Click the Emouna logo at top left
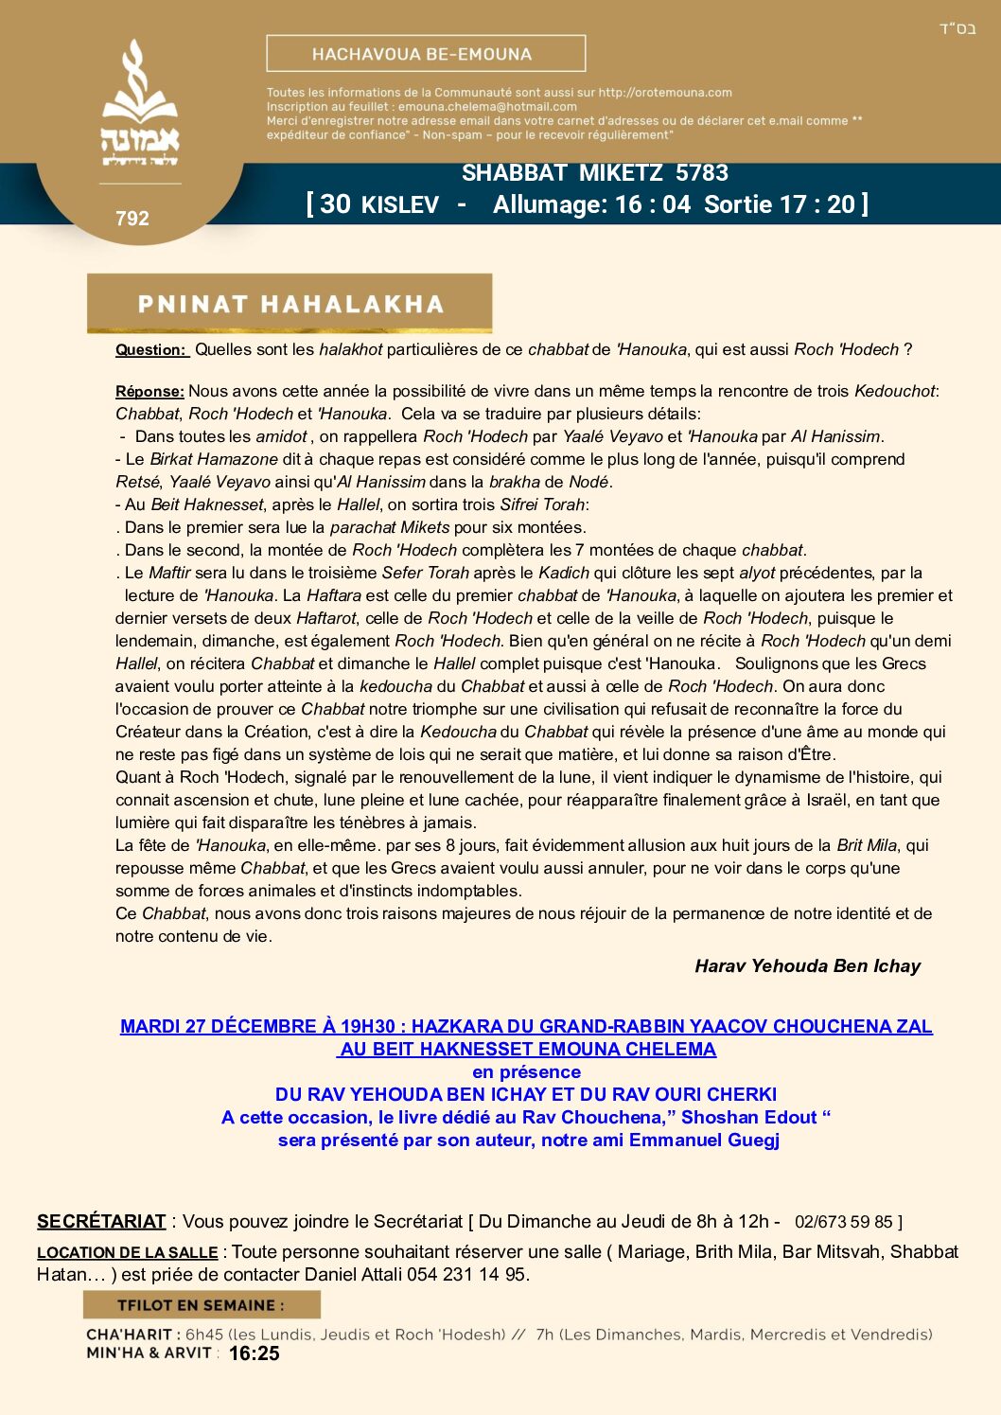[x=140, y=104]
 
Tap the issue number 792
[x=132, y=219]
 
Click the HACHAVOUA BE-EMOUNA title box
[x=426, y=54]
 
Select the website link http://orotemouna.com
[x=665, y=93]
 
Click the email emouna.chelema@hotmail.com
[x=487, y=107]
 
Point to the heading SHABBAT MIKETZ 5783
[x=594, y=173]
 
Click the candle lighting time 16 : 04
[x=652, y=204]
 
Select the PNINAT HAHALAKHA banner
[x=290, y=304]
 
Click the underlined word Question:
[x=151, y=350]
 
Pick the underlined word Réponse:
[x=149, y=392]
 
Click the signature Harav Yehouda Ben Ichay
[x=807, y=966]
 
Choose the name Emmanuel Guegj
[x=704, y=1141]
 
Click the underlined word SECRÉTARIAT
[x=101, y=1222]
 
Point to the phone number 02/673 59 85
[x=844, y=1223]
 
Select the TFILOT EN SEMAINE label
[x=201, y=1305]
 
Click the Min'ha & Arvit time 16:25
[x=254, y=1354]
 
